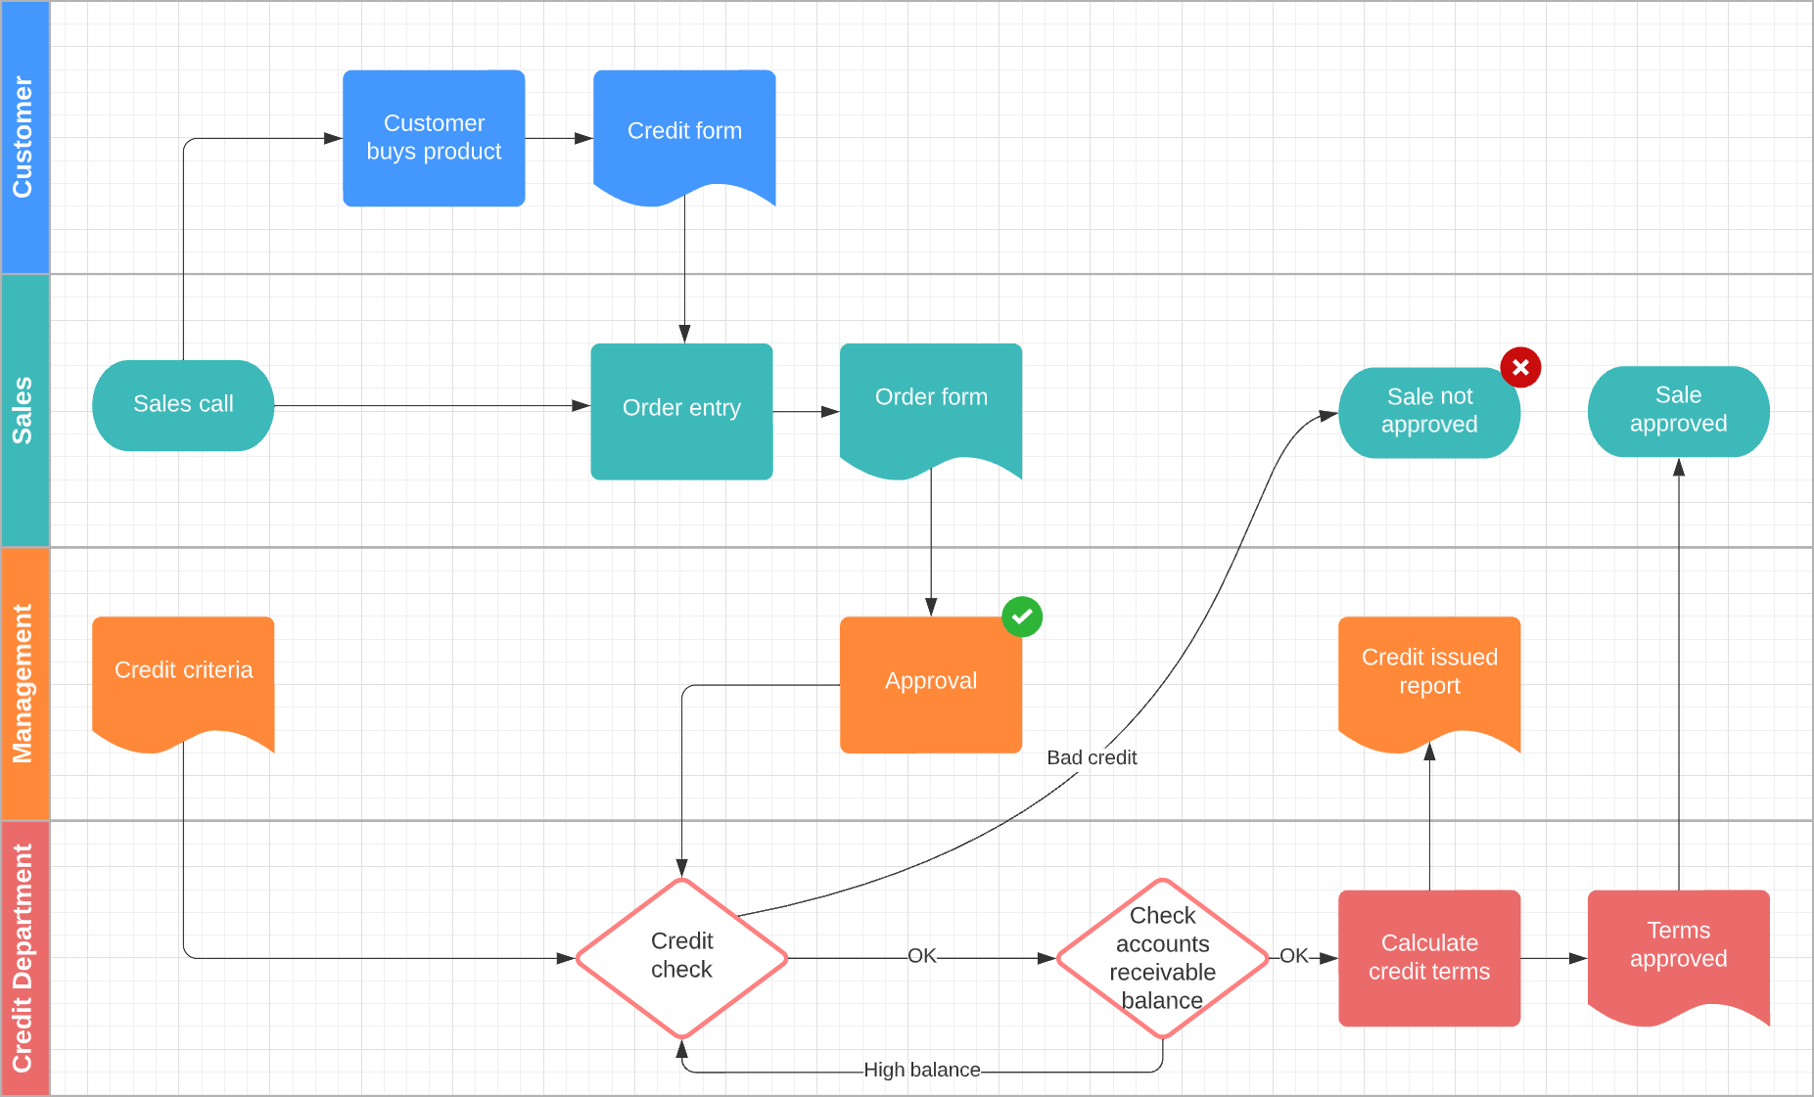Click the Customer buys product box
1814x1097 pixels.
coord(434,138)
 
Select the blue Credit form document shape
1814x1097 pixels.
coord(684,132)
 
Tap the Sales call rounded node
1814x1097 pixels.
coord(183,405)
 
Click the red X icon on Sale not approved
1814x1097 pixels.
coord(1520,368)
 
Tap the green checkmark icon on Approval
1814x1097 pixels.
coord(1022,617)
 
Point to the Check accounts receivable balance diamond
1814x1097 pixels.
coord(1162,957)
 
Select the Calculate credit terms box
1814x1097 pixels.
coord(1429,957)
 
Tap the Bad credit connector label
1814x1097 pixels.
coord(1092,757)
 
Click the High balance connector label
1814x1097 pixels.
coord(921,1070)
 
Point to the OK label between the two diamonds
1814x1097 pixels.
coord(921,956)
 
